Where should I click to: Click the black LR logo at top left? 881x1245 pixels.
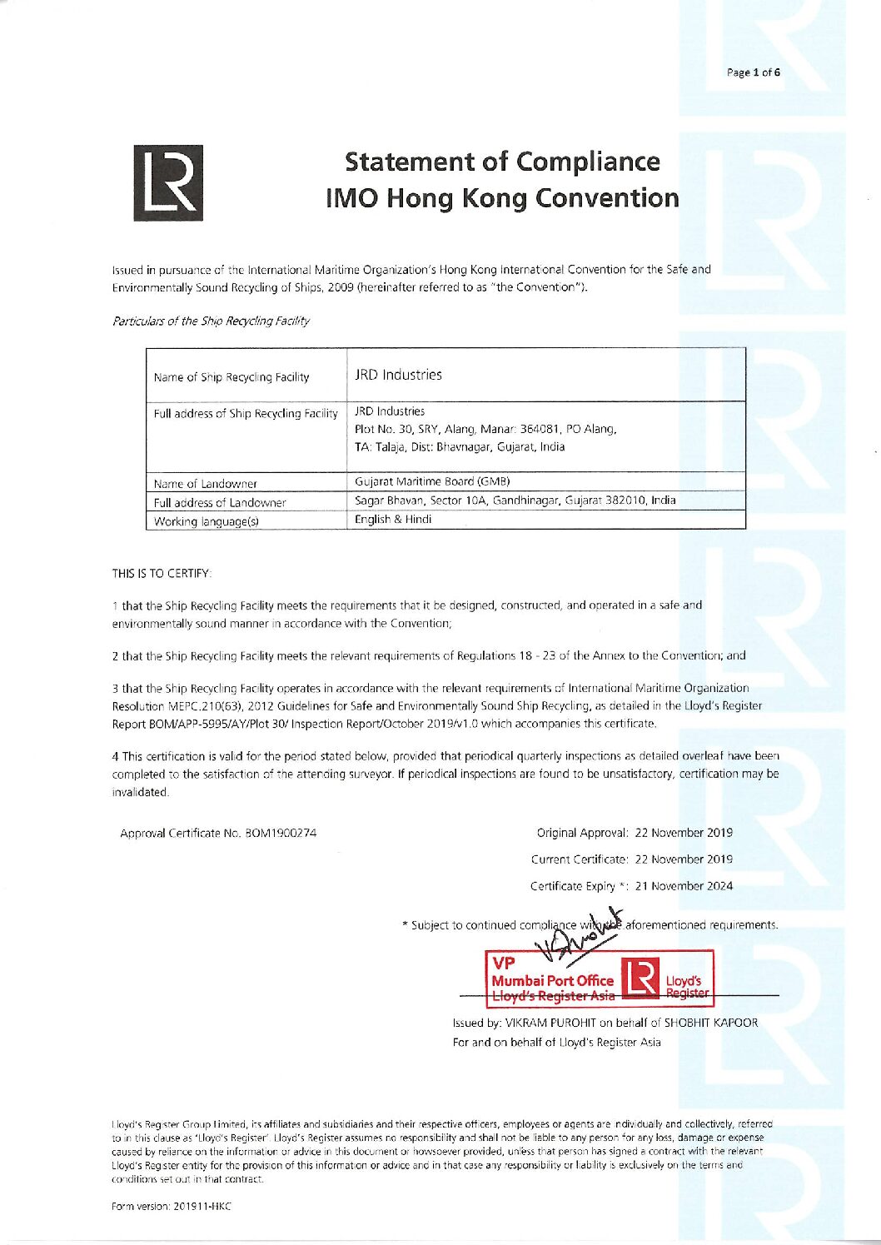(167, 182)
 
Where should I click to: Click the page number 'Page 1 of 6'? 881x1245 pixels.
(753, 72)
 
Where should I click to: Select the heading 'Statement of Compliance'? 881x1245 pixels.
(502, 162)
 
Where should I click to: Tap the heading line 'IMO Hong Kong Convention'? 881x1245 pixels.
(502, 198)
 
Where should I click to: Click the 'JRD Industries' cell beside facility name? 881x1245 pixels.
(398, 375)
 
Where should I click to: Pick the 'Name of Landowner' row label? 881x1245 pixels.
(206, 483)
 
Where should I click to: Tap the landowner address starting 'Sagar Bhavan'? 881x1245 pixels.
(515, 500)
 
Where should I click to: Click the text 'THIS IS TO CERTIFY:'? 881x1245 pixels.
(162, 573)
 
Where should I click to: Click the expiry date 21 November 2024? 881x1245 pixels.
(684, 886)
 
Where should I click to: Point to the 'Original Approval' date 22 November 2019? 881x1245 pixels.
(684, 832)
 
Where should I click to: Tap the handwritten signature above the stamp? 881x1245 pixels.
(583, 934)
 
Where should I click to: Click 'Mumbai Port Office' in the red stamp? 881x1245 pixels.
(552, 981)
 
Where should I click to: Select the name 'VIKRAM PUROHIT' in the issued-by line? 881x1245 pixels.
(549, 1023)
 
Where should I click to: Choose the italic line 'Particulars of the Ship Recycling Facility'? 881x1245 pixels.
(211, 321)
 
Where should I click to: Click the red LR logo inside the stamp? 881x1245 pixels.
(642, 979)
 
